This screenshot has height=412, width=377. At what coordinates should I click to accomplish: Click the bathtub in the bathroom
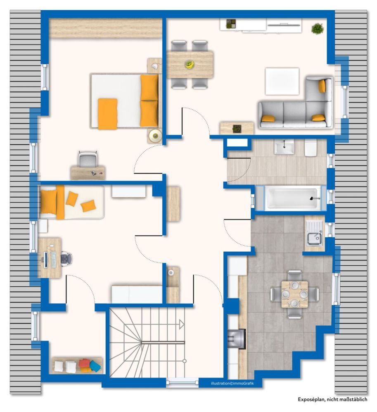pyautogui.click(x=292, y=198)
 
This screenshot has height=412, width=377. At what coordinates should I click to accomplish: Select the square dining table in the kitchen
pyautogui.click(x=294, y=294)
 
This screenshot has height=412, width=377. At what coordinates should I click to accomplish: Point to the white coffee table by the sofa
pyautogui.click(x=282, y=81)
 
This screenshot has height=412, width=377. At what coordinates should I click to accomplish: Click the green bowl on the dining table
pyautogui.click(x=190, y=64)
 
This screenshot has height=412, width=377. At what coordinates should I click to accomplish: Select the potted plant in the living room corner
pyautogui.click(x=317, y=28)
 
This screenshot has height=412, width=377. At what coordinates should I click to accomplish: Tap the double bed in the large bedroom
pyautogui.click(x=124, y=101)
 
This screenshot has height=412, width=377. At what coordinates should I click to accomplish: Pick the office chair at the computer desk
pyautogui.click(x=66, y=259)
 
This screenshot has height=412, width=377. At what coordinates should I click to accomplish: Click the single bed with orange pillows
pyautogui.click(x=71, y=202)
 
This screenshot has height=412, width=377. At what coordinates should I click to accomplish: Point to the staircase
pyautogui.click(x=147, y=342)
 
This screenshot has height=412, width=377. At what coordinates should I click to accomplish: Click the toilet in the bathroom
pyautogui.click(x=311, y=147)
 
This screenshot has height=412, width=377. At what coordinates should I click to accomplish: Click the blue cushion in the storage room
pyautogui.click(x=95, y=366)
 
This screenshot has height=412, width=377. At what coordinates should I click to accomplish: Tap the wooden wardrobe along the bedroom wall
pyautogui.click(x=105, y=28)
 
